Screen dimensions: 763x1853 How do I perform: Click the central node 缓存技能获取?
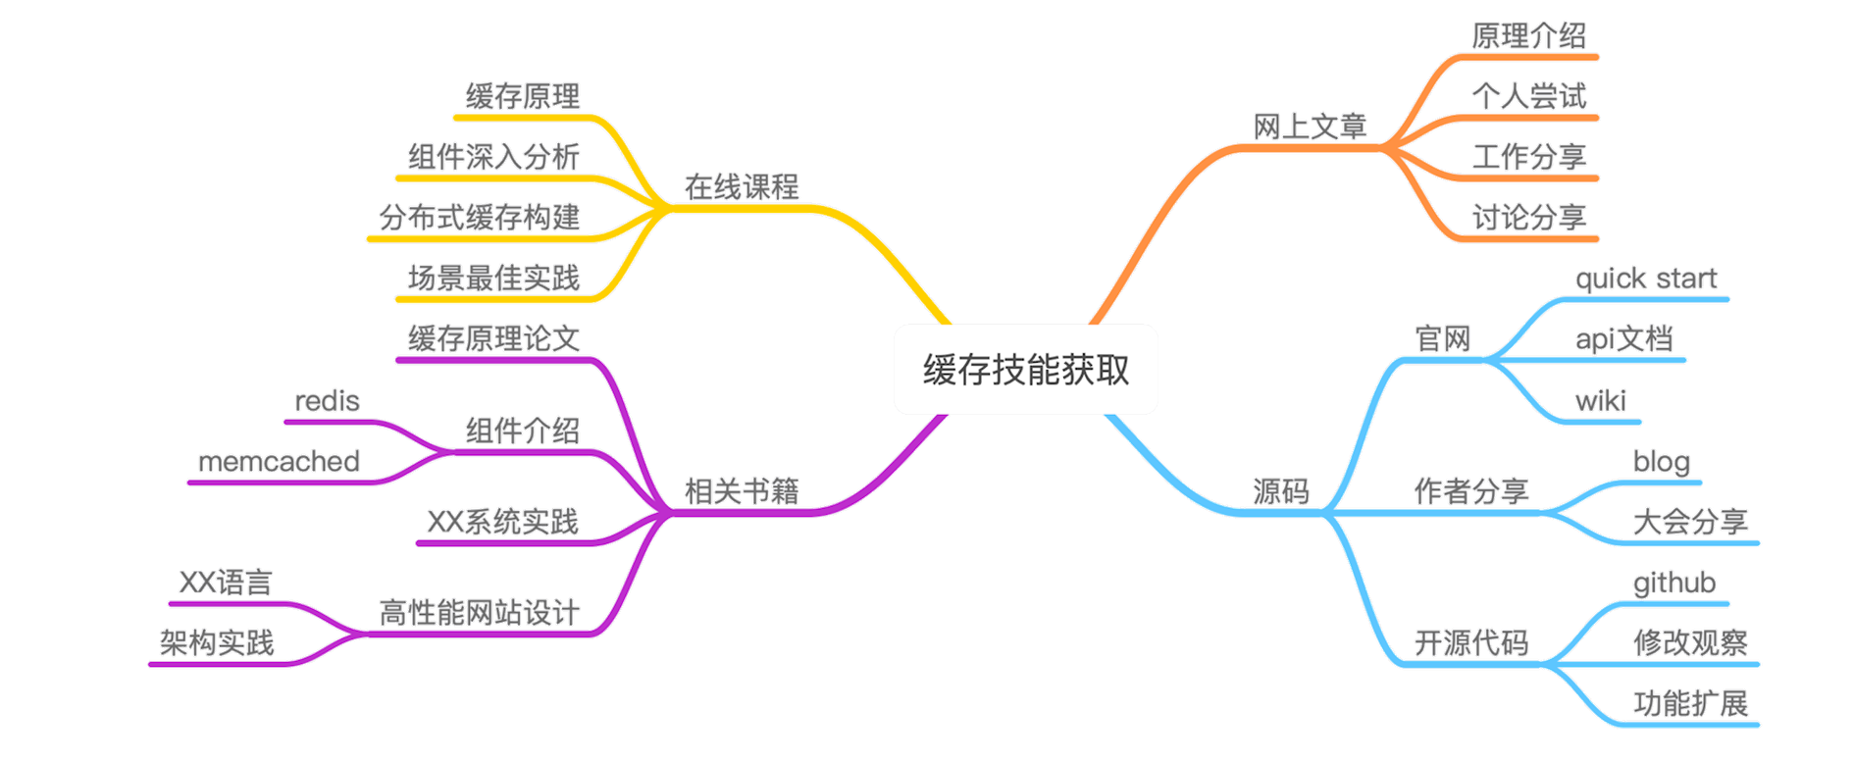tap(1025, 370)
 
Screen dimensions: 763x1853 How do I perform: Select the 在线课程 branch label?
tap(742, 186)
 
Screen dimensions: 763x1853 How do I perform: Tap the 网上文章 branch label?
tap(1311, 127)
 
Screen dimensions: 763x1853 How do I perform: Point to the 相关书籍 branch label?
tap(742, 491)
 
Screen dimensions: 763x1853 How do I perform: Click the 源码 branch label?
tap(1281, 491)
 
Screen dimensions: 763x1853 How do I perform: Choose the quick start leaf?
tap(1646, 280)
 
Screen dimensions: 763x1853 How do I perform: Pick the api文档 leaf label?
tap(1623, 339)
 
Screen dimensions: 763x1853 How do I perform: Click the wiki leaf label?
tap(1600, 401)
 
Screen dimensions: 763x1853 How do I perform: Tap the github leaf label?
tap(1674, 584)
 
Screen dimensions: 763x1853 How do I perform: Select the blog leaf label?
tap(1663, 461)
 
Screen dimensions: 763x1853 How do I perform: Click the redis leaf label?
tap(327, 401)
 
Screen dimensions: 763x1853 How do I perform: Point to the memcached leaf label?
tap(279, 462)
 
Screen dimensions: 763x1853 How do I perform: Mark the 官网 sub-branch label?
tap(1442, 339)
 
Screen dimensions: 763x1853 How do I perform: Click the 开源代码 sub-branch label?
tap(1470, 643)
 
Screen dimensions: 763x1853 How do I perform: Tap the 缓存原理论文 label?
tap(493, 339)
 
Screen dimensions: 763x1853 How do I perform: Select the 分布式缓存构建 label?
tap(480, 218)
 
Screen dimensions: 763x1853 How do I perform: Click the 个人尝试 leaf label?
tap(1528, 96)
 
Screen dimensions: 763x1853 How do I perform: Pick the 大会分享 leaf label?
tap(1691, 522)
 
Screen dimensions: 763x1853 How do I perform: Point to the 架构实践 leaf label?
tap(217, 643)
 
